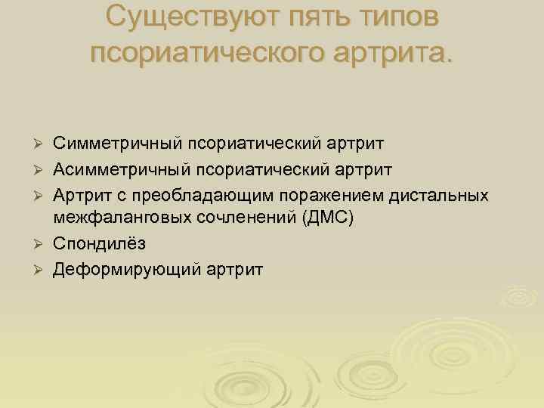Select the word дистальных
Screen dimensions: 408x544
coord(440,196)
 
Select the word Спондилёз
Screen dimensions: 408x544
coord(99,244)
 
